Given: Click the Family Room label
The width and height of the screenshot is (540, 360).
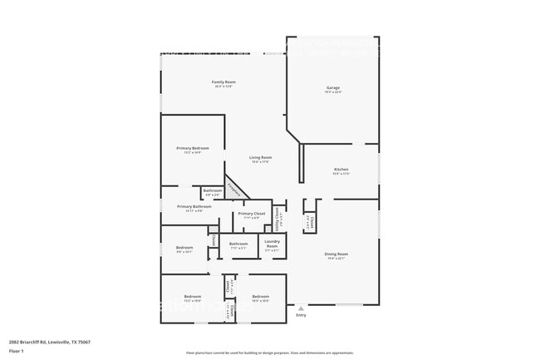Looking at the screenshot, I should coord(223,81).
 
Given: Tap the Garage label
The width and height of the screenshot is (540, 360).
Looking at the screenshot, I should coord(332,87).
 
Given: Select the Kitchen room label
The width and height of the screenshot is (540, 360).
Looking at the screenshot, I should coord(341,169).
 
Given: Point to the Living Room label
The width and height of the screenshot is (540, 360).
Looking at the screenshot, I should coord(261,157).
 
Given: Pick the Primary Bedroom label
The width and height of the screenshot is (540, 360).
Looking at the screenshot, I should coord(193,148).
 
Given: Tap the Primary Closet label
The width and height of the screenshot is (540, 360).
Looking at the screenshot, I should coord(252,214).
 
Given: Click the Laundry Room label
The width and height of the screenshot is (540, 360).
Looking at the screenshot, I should coord(272,245).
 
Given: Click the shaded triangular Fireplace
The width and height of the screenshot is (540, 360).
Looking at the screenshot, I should coord(235,189).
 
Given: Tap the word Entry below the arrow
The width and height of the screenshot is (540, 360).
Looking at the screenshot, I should coord(301,315).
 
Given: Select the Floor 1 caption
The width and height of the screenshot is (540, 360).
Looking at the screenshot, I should coord(17,351).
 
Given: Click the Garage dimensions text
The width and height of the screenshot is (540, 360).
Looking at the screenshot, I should coord(332,92).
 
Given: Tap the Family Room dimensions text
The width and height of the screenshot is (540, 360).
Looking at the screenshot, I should coord(223,86).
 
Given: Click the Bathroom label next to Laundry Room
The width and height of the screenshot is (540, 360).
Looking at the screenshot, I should coord(238,244).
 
